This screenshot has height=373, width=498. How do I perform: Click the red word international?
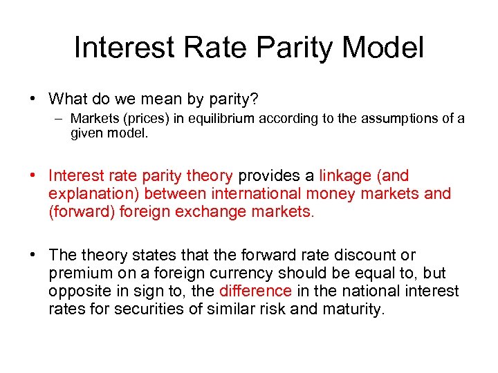pos(252,194)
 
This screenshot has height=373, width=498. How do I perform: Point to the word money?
pos(329,194)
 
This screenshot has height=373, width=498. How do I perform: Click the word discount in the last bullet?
pos(356,256)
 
